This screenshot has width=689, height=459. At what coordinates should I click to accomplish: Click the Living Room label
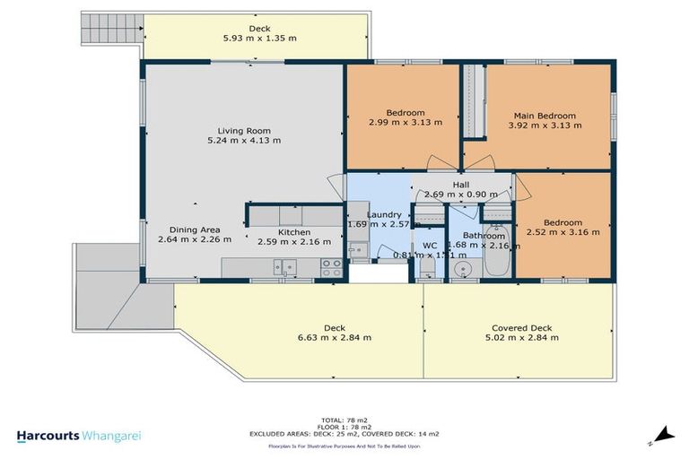pyautogui.click(x=243, y=129)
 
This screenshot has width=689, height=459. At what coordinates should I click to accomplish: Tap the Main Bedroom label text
pyautogui.click(x=544, y=116)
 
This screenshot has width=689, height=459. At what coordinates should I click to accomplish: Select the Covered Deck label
pyautogui.click(x=521, y=327)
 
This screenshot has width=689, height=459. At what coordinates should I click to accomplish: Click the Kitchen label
pyautogui.click(x=293, y=232)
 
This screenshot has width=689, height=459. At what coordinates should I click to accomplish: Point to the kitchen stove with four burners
pyautogui.click(x=330, y=266)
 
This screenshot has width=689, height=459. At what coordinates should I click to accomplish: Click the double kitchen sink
pyautogui.click(x=286, y=266)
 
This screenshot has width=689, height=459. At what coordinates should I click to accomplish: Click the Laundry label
pyautogui.click(x=383, y=215)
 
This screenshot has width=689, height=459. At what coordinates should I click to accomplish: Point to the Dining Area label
pyautogui.click(x=194, y=229)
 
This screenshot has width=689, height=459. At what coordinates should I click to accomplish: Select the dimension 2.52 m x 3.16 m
pyautogui.click(x=562, y=233)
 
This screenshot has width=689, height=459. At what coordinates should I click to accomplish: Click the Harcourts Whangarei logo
pyautogui.click(x=79, y=436)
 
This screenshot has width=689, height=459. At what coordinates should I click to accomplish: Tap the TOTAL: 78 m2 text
pyautogui.click(x=344, y=420)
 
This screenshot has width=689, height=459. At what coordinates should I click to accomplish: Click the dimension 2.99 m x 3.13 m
pyautogui.click(x=402, y=123)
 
